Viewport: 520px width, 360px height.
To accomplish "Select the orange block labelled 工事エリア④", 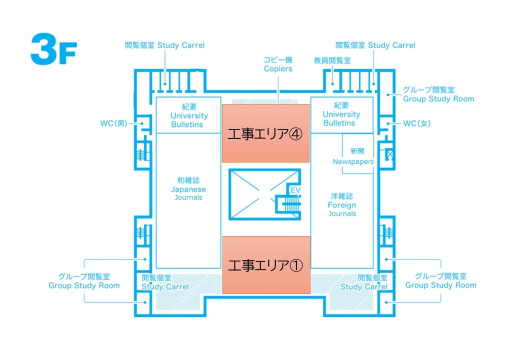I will click(265, 133).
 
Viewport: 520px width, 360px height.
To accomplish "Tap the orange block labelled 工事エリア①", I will click(265, 264).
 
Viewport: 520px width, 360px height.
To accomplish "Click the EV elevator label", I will click(295, 190).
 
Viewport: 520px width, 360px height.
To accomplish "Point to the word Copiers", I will click(278, 68).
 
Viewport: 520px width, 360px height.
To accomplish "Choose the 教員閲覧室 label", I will click(332, 60).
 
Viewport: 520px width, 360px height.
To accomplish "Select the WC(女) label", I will click(416, 123).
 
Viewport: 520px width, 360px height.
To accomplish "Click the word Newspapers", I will click(353, 161).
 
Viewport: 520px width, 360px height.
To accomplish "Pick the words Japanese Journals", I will click(188, 193).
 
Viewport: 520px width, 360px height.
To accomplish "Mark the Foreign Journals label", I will click(342, 209).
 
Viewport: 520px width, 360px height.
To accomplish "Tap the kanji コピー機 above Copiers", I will click(278, 59).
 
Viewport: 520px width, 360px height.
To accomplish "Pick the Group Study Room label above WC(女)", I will click(438, 98).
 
